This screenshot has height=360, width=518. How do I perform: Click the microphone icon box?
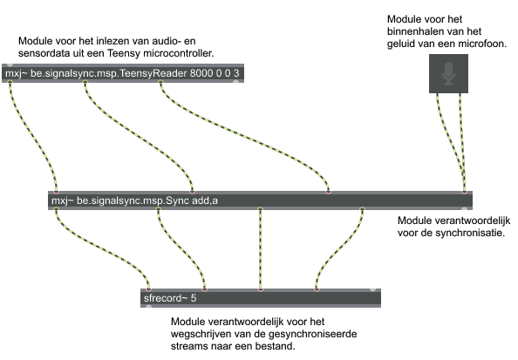tap(448, 73)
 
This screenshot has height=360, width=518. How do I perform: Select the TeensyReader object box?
tap(123, 73)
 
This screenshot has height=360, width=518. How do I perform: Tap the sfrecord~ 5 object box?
tap(261, 298)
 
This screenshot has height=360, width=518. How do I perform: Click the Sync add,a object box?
tap(261, 200)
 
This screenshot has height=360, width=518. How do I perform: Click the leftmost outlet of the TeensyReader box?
tap(10, 82)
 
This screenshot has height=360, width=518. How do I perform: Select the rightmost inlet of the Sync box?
tap(464, 192)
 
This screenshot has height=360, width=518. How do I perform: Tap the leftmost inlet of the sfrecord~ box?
tap(148, 289)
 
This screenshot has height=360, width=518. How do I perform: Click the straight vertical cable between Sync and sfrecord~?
tap(261, 249)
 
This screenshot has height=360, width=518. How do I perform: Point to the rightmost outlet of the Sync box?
tap(363, 209)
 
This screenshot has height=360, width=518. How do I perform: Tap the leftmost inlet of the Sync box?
tap(56, 192)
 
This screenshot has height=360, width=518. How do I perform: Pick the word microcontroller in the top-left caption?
tap(177, 53)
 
